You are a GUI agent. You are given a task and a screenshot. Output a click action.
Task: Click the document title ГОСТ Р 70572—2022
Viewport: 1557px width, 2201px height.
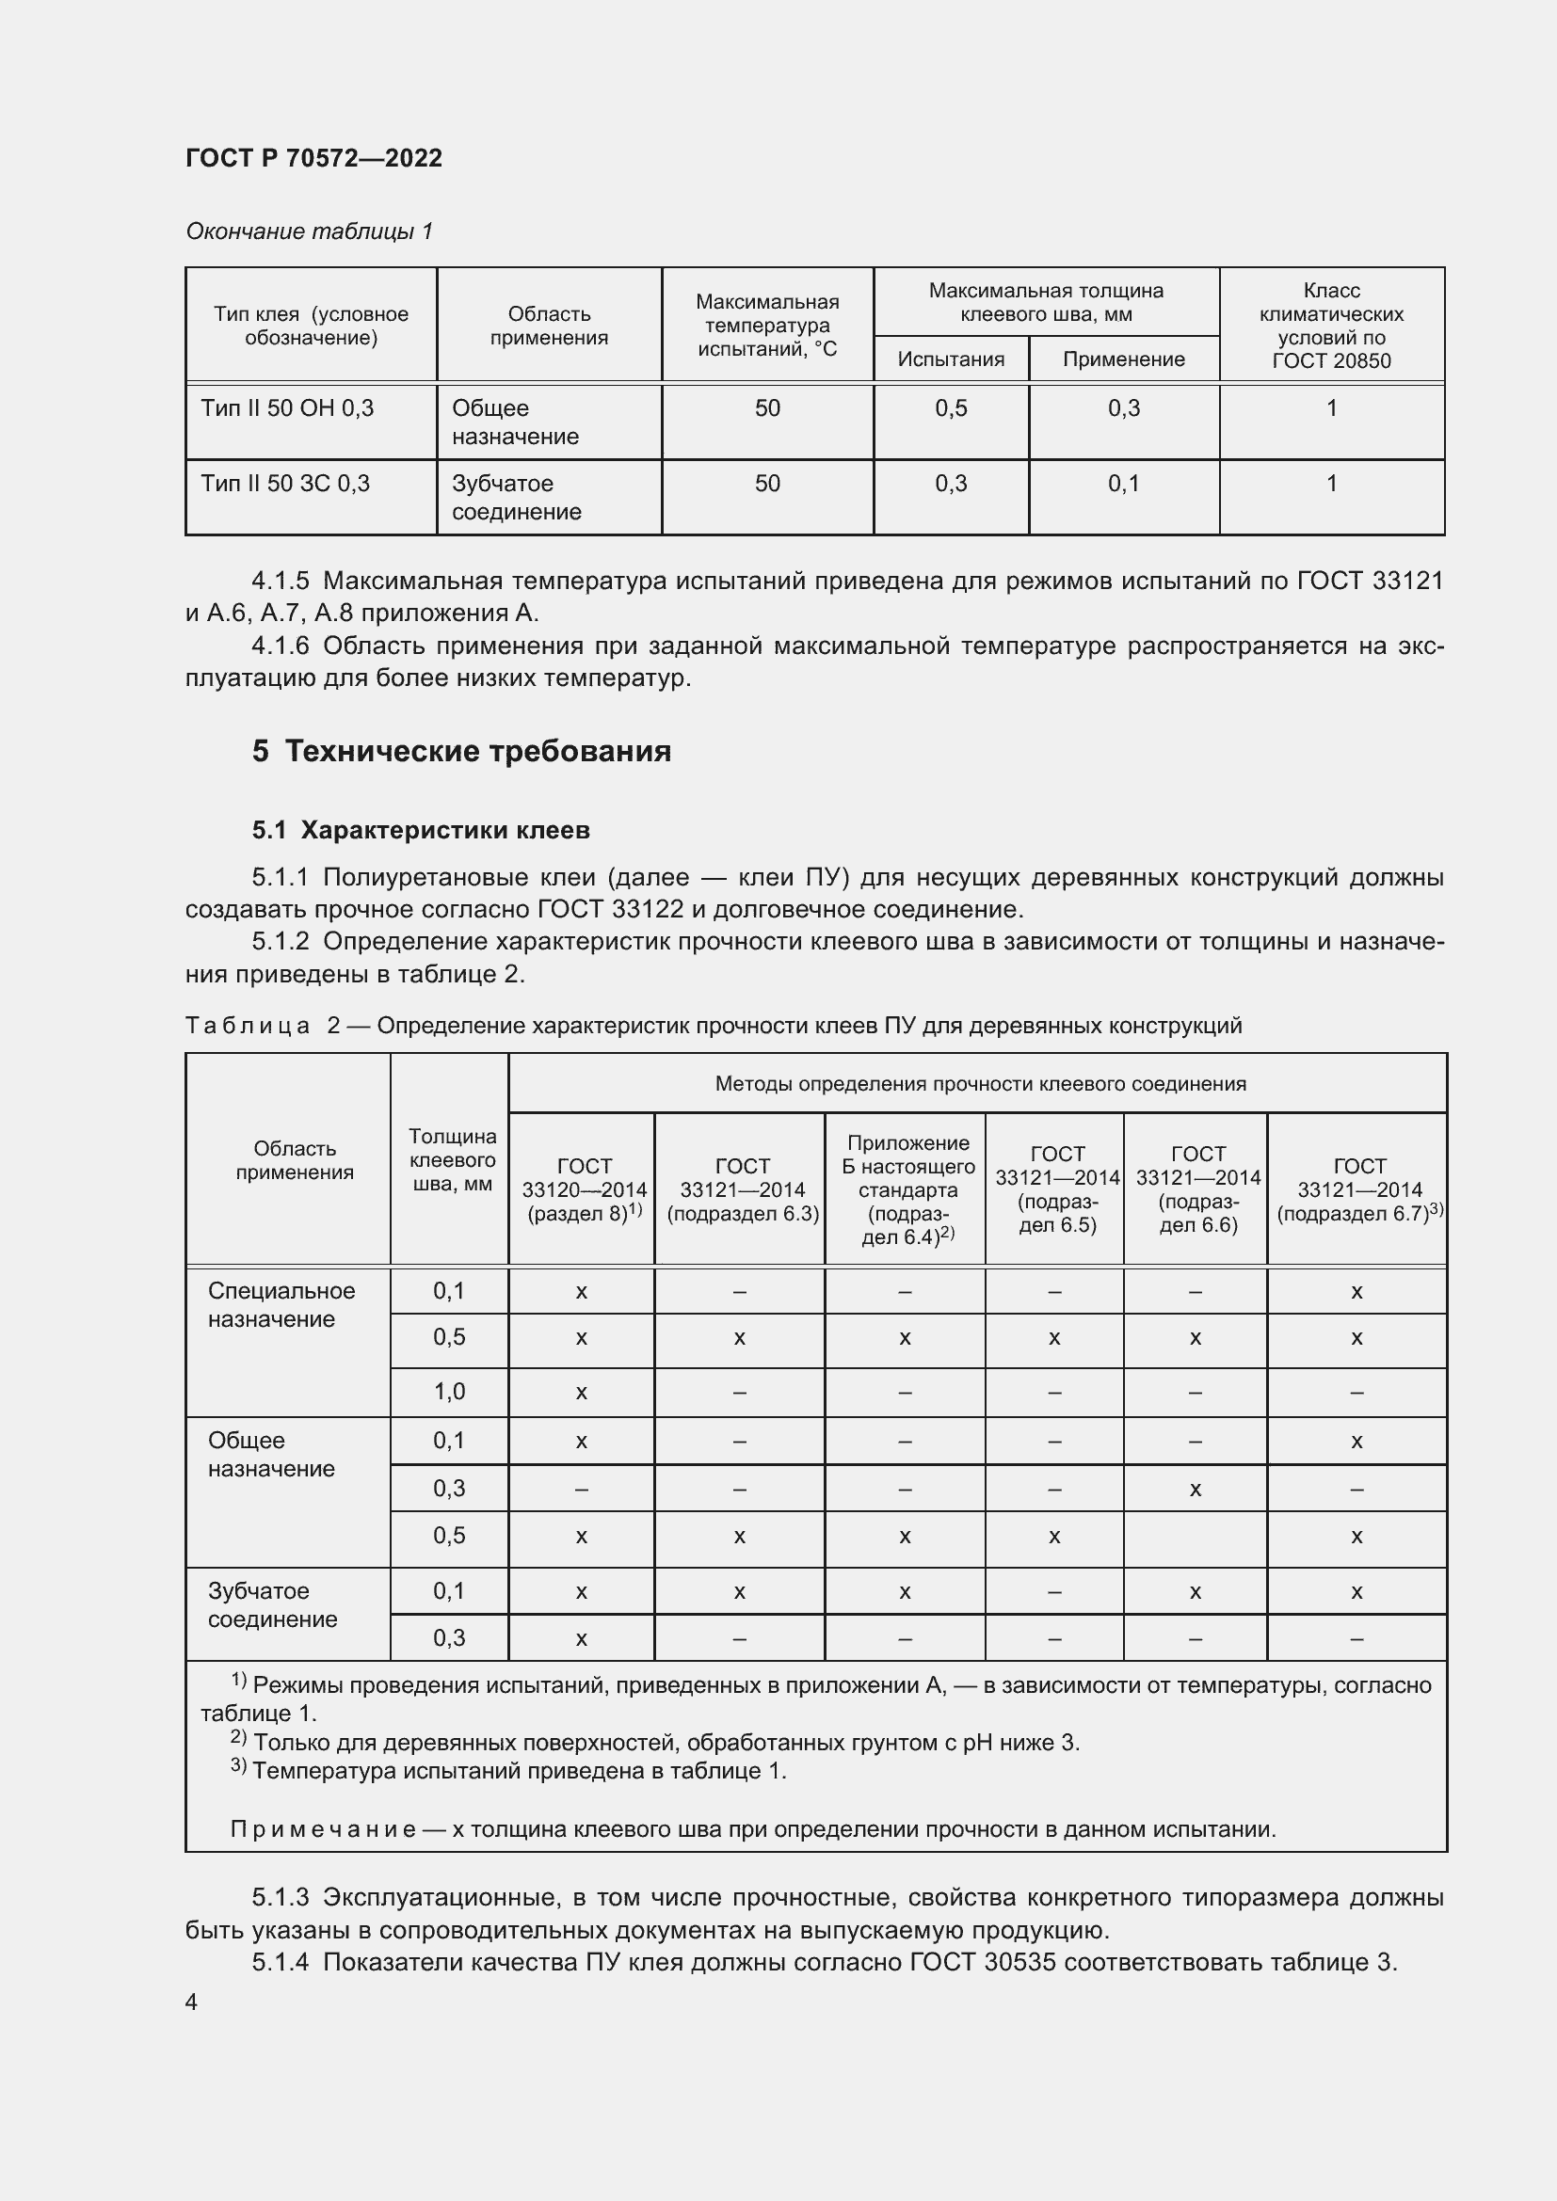pos(313,158)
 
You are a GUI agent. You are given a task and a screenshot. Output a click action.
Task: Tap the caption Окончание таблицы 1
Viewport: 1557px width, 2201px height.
pos(309,231)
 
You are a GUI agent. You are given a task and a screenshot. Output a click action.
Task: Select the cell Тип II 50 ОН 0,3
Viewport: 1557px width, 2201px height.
pos(287,408)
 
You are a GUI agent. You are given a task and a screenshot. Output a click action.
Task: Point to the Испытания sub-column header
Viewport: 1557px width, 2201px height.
pos(950,359)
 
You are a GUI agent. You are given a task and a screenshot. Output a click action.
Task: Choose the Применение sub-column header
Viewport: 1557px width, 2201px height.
pos(1123,359)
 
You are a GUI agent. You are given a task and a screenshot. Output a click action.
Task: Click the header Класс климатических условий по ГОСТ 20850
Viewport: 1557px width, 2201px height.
pos(1331,325)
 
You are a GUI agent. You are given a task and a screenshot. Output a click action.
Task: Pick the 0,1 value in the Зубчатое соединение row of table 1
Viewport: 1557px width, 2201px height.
pos(1123,483)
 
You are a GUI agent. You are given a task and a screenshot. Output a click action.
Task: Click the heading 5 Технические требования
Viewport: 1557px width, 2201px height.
pos(461,751)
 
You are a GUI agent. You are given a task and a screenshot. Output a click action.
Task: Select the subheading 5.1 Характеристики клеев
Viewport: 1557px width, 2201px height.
pos(421,830)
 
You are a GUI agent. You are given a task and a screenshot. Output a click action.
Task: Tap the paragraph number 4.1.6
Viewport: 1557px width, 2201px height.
pos(280,646)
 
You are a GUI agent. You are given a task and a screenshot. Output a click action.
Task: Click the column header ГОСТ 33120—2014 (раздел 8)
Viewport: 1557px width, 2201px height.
pos(583,1188)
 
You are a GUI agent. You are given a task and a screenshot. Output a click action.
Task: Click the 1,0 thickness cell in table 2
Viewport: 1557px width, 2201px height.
pos(449,1392)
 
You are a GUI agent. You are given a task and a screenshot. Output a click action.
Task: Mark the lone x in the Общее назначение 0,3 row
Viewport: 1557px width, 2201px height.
pos(1195,1490)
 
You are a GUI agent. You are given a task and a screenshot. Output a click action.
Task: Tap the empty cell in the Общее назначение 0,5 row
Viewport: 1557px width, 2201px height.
pos(1195,1537)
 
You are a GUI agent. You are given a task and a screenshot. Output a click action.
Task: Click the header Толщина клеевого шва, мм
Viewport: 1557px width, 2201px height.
pos(452,1159)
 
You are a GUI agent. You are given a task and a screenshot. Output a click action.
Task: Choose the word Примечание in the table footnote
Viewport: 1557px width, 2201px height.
pos(322,1830)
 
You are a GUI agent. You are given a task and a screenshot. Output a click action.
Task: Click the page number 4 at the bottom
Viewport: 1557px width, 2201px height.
pos(191,2002)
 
